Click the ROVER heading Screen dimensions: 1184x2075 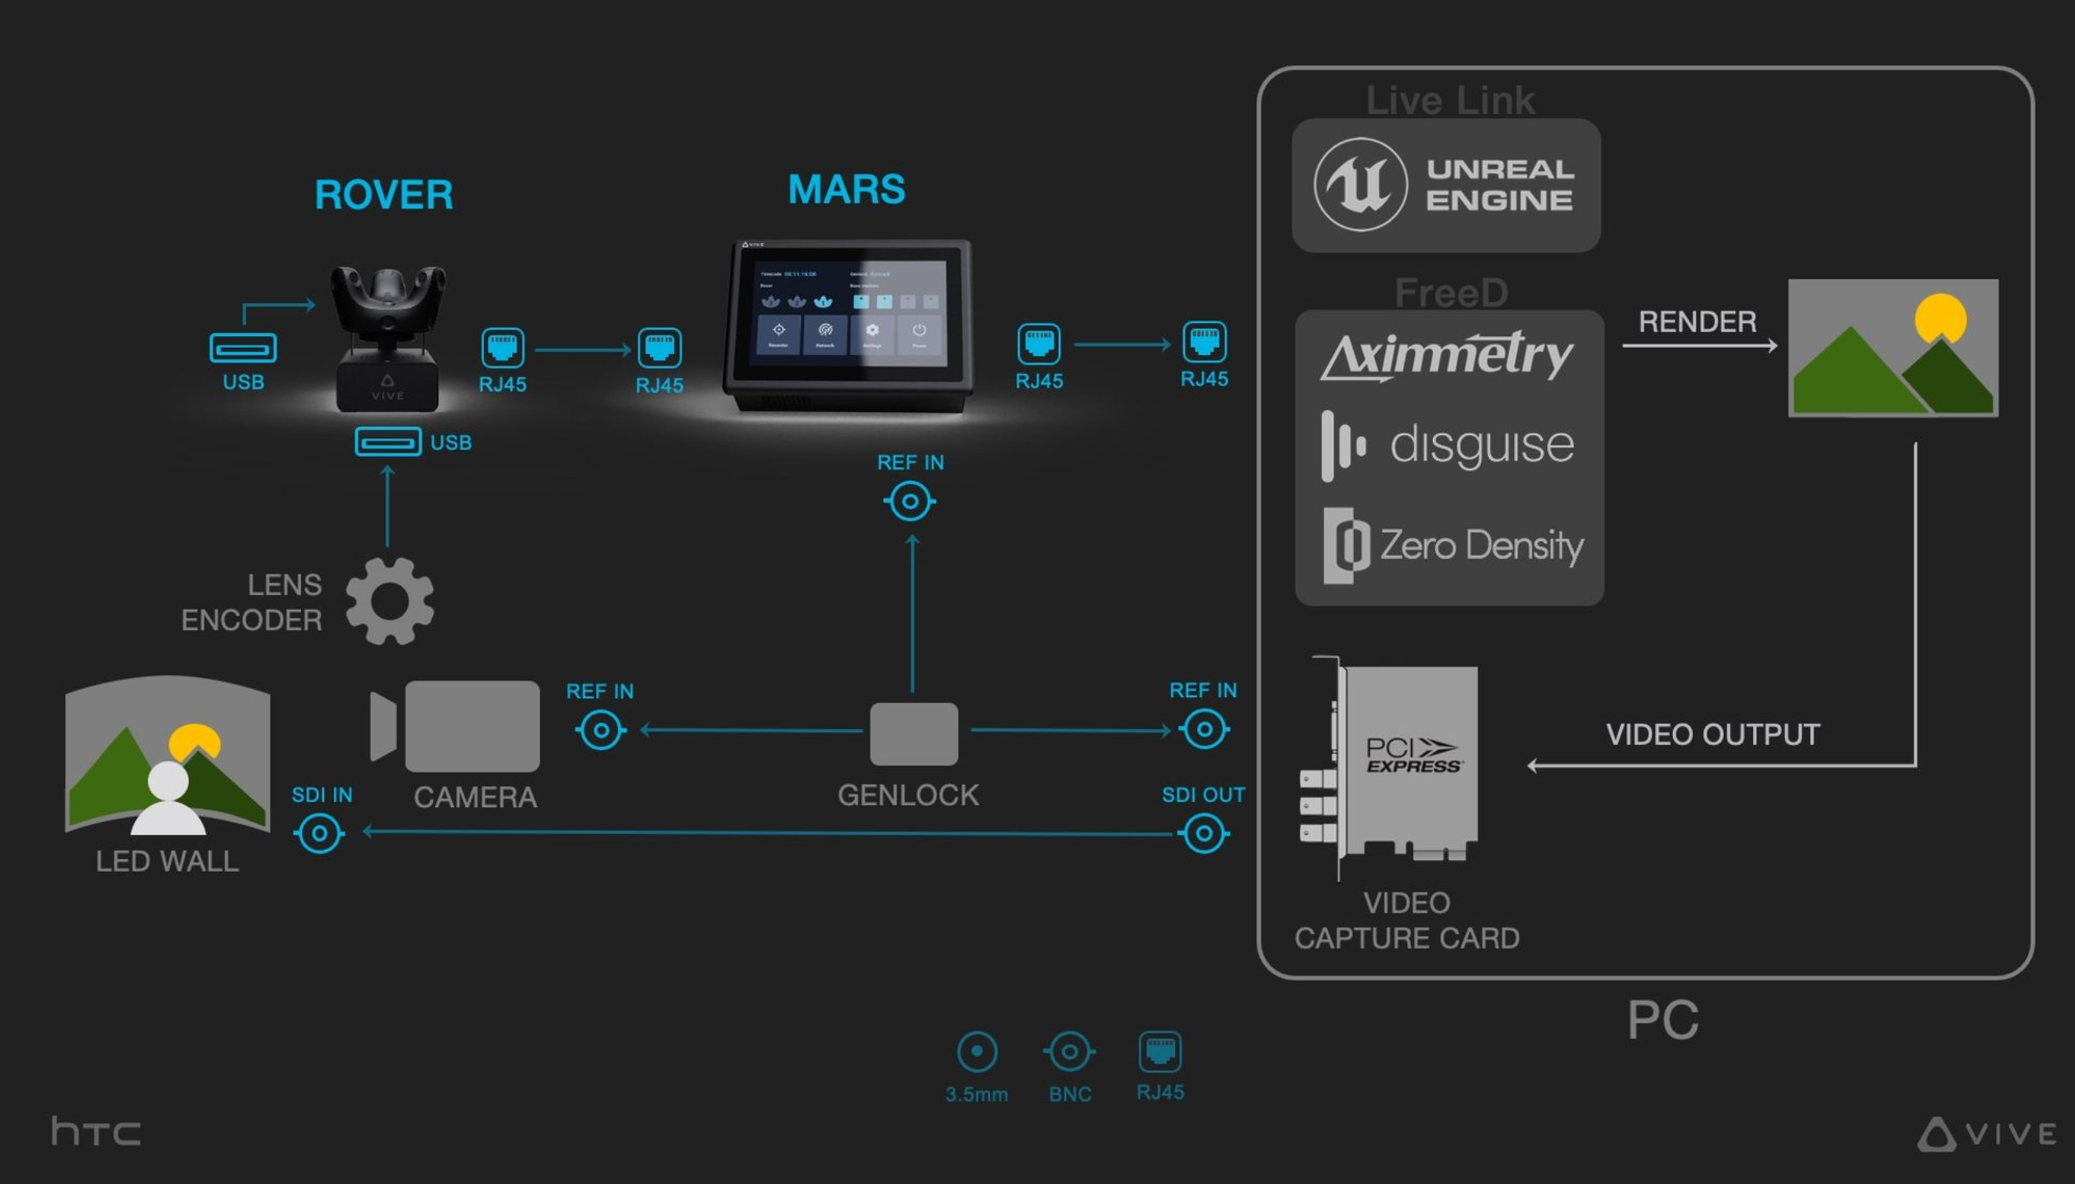pyautogui.click(x=383, y=195)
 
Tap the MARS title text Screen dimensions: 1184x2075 pyautogui.click(x=846, y=190)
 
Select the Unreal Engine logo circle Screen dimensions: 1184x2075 pyautogui.click(x=1360, y=184)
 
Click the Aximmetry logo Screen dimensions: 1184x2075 pyautogui.click(x=1447, y=356)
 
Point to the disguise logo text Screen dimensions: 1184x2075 pyautogui.click(x=1482, y=445)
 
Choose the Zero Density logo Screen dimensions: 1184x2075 pyautogui.click(x=1453, y=545)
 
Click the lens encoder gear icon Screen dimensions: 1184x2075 pyautogui.click(x=389, y=601)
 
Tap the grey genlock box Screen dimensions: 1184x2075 pyautogui.click(x=914, y=734)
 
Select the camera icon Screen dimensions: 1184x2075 pyautogui.click(x=455, y=726)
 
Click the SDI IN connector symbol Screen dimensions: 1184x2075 pyautogui.click(x=319, y=834)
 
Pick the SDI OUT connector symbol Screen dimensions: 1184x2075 pyautogui.click(x=1204, y=834)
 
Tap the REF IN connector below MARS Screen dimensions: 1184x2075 pyautogui.click(x=910, y=501)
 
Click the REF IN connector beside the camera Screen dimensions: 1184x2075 pyautogui.click(x=601, y=730)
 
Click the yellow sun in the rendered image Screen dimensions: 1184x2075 pyautogui.click(x=1940, y=318)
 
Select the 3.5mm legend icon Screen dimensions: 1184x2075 pyautogui.click(x=977, y=1052)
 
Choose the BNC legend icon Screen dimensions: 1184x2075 pyautogui.click(x=1069, y=1052)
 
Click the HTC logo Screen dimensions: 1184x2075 pyautogui.click(x=96, y=1131)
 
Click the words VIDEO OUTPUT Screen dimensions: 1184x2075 pyautogui.click(x=1712, y=735)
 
